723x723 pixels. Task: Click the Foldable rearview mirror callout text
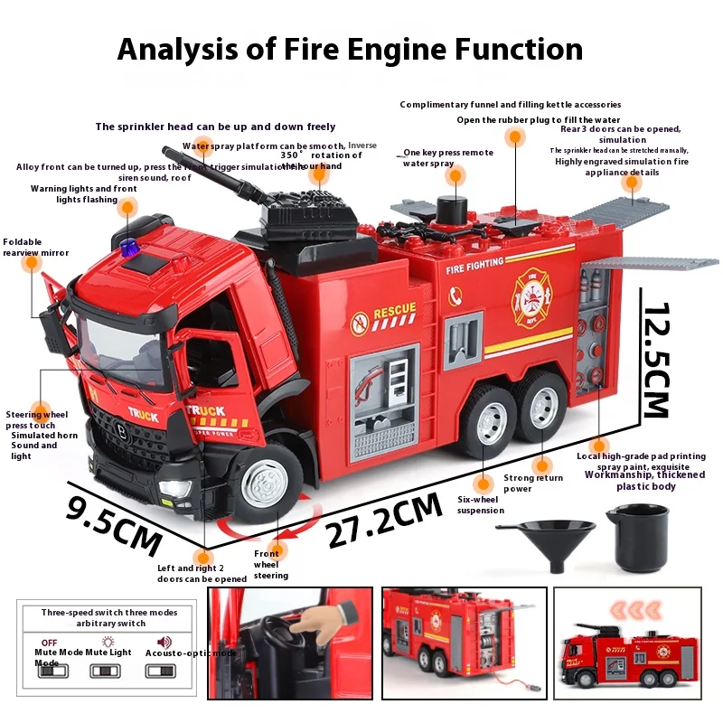36,248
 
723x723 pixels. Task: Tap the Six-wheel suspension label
481,505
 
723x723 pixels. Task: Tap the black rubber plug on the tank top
449,206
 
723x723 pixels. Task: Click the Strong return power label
532,484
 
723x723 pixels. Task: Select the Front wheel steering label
270,565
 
